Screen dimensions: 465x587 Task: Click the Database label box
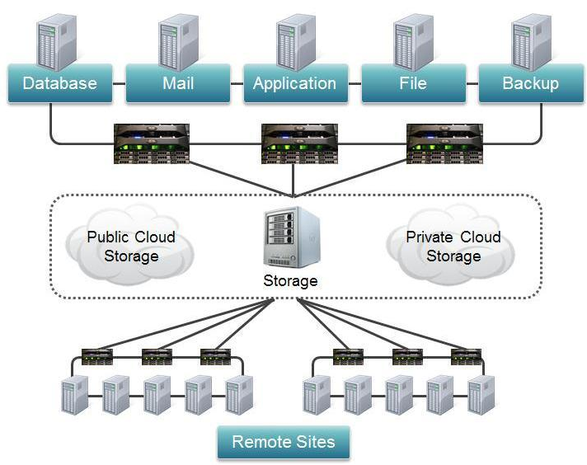[x=59, y=84]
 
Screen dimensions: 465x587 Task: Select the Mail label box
[x=177, y=84]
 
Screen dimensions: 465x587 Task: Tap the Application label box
[x=294, y=84]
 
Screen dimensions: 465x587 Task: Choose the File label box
[x=412, y=84]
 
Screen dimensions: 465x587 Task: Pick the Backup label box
[x=530, y=84]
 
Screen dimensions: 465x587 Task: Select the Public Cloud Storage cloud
[x=131, y=247]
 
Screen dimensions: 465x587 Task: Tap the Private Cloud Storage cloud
[x=453, y=247]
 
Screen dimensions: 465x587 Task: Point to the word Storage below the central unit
[x=290, y=281]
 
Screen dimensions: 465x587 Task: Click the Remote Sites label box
[x=283, y=442]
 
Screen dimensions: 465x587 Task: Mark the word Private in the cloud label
[x=429, y=237]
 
